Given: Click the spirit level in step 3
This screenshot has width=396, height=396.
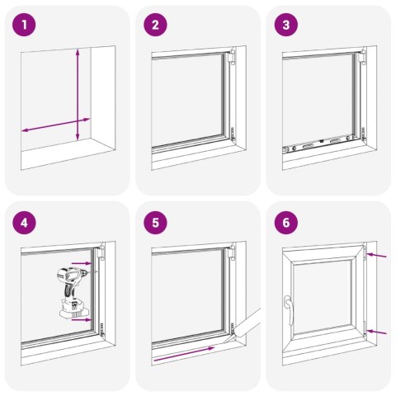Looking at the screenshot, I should click(318, 145).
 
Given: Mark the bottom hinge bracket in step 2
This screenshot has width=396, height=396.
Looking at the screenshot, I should click(233, 132).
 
